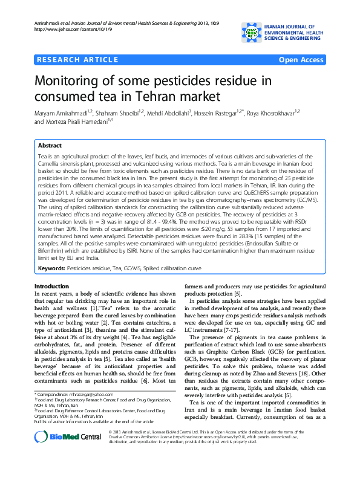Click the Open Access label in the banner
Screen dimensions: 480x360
[x=301, y=60]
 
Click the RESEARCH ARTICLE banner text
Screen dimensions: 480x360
[x=77, y=60]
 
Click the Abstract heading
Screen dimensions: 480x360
[x=50, y=146]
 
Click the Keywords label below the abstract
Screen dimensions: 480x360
[x=51, y=267]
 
